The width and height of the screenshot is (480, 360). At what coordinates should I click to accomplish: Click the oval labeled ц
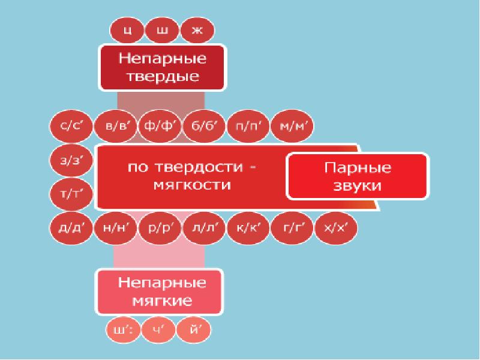[125, 31]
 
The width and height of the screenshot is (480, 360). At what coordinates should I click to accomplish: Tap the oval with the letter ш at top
[161, 31]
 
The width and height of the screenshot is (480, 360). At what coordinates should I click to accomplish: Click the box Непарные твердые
[161, 68]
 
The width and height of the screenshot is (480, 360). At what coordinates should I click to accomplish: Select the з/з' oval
[71, 161]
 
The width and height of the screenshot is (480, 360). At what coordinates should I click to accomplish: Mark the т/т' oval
[71, 194]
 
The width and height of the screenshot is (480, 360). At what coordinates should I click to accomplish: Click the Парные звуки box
[358, 176]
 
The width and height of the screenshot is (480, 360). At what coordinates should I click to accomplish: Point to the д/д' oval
[71, 228]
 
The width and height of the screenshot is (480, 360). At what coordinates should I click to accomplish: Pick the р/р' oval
[159, 228]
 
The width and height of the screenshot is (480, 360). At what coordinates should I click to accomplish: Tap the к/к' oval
[248, 228]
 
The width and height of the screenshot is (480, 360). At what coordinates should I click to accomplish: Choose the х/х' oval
[336, 228]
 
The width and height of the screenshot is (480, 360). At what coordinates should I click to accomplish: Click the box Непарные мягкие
[160, 290]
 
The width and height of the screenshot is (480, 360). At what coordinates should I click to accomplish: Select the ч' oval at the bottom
[161, 329]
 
